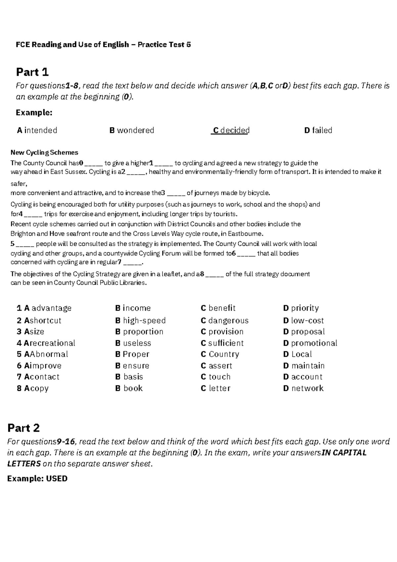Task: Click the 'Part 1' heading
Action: click(x=32, y=72)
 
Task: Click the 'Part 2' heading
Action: click(x=23, y=428)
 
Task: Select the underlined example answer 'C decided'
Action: click(x=231, y=130)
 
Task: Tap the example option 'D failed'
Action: click(x=318, y=130)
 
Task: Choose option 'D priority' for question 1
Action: click(x=301, y=308)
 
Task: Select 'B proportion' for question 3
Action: click(x=139, y=332)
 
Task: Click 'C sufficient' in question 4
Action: click(x=222, y=343)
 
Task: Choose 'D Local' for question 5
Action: click(x=297, y=354)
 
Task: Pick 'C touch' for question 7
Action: click(x=216, y=377)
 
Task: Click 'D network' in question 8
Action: click(x=303, y=388)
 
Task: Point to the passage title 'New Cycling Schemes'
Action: click(x=44, y=153)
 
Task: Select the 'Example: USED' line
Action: click(x=37, y=479)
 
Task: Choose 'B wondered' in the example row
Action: click(x=132, y=130)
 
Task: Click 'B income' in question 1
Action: click(x=133, y=308)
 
